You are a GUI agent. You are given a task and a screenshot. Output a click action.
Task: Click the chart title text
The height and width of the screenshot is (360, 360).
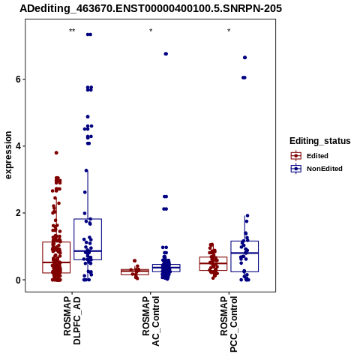click(151, 8)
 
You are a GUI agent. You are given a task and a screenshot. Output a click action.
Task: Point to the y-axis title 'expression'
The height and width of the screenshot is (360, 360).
click(8, 155)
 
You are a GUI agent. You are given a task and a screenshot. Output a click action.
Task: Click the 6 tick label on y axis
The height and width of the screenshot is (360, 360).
click(18, 79)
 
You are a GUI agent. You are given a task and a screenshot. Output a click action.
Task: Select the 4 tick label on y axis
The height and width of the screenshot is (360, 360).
click(18, 146)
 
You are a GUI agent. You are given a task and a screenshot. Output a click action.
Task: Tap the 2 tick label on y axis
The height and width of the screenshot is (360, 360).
click(18, 213)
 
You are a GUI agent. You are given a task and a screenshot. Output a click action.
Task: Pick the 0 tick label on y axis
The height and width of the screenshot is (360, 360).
click(18, 280)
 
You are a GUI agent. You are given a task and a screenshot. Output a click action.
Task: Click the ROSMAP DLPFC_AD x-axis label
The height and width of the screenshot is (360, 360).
click(72, 320)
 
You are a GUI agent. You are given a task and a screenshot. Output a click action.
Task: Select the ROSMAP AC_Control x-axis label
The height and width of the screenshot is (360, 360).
click(151, 321)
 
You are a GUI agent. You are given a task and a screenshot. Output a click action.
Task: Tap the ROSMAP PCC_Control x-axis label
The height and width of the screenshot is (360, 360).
click(229, 324)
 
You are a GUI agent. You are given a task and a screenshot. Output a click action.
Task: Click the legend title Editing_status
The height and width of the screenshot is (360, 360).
click(320, 141)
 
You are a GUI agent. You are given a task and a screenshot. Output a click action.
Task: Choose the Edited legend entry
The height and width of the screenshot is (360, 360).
click(310, 156)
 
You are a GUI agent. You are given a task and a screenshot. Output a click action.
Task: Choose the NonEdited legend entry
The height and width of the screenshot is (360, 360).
click(316, 169)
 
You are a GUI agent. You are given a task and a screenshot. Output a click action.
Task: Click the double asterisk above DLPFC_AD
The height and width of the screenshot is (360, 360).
click(72, 31)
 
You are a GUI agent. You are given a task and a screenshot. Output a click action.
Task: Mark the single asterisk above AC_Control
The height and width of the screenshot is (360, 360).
click(151, 31)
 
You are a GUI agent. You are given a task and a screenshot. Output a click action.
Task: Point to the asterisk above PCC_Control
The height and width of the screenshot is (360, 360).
click(229, 31)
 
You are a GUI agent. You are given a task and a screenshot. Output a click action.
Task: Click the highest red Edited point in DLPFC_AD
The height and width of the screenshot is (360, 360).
click(56, 153)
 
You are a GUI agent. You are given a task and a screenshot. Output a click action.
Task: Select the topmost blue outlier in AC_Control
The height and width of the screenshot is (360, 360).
click(166, 54)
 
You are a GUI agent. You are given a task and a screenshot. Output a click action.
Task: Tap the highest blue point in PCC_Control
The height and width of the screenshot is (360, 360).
click(245, 58)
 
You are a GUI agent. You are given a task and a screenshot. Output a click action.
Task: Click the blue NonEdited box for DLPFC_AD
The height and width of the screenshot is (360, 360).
click(88, 239)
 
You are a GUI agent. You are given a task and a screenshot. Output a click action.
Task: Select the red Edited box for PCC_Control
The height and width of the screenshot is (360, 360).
click(213, 264)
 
